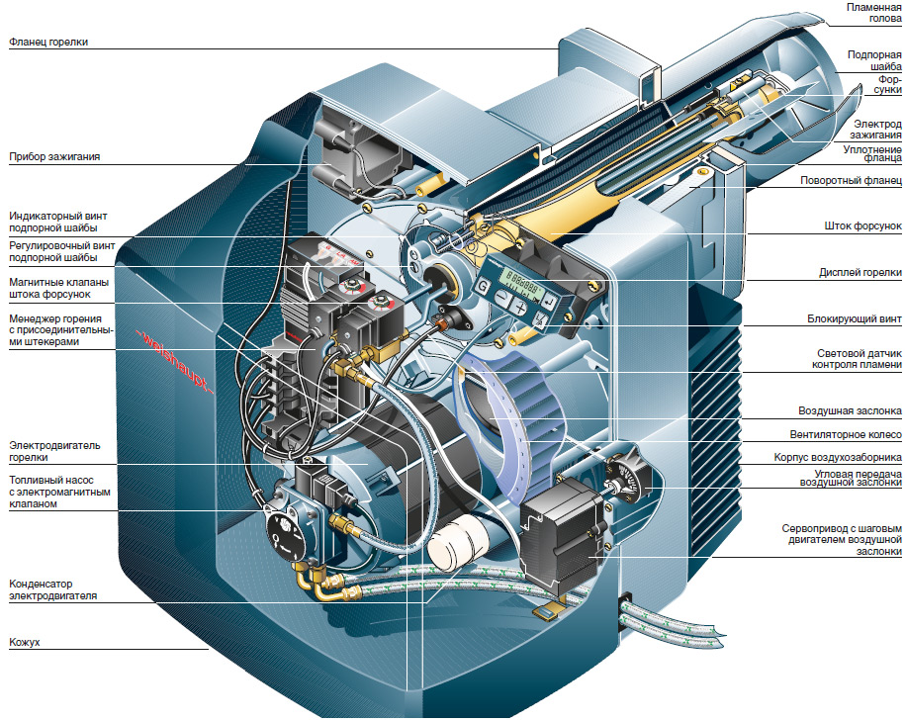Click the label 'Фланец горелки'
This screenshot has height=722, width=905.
48,43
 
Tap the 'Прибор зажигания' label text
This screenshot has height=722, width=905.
54,156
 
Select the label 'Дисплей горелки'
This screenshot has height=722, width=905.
860,272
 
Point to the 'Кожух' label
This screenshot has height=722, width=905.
25,642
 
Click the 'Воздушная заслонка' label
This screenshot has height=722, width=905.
850,410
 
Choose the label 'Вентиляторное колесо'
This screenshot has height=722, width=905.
846,434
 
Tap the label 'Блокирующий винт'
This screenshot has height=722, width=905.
855,318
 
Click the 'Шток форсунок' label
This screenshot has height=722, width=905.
862,226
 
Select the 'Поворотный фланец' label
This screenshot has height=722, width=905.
851,181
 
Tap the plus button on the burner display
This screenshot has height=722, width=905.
520,306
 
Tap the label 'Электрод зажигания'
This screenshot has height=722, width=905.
875,130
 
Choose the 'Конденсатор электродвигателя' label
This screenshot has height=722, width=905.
52,589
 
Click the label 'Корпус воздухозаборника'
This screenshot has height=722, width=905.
838,457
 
